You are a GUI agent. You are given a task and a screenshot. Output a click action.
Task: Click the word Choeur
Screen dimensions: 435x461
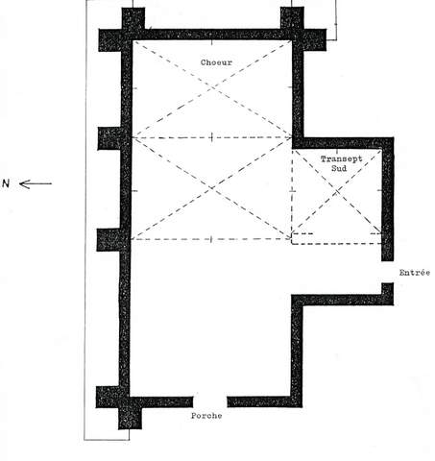tap(216, 62)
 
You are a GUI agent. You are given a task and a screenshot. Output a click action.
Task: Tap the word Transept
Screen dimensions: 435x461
tap(341, 158)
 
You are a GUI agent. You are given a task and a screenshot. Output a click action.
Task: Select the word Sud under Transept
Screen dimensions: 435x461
tap(339, 168)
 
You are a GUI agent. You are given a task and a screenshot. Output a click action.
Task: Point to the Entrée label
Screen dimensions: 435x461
tap(415, 273)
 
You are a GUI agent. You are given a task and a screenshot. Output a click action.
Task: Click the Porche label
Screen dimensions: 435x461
tap(206, 416)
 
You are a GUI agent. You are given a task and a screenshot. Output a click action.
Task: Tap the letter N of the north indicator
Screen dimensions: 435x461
tap(6, 183)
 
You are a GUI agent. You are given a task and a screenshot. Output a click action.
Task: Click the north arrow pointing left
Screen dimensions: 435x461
tap(36, 184)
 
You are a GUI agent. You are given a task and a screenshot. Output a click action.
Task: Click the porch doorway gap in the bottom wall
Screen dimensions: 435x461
tap(210, 401)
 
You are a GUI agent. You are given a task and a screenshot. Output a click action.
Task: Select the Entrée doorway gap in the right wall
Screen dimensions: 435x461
tap(387, 272)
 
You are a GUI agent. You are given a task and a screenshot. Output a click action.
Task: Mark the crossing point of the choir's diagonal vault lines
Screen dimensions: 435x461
tap(212, 87)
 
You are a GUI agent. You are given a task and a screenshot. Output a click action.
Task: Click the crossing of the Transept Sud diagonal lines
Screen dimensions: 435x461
tap(337, 191)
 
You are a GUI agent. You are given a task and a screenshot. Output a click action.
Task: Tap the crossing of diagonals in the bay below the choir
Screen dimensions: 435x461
tap(212, 188)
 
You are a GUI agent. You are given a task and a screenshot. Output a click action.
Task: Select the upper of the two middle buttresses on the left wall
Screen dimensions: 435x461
tap(109, 138)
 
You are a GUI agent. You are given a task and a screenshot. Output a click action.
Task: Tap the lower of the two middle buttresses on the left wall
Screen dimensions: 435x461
tap(109, 240)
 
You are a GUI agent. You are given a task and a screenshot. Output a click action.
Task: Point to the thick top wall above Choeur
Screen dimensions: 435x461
tap(212, 35)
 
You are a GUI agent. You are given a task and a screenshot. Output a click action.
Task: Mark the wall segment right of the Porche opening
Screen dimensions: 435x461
tap(265, 401)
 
